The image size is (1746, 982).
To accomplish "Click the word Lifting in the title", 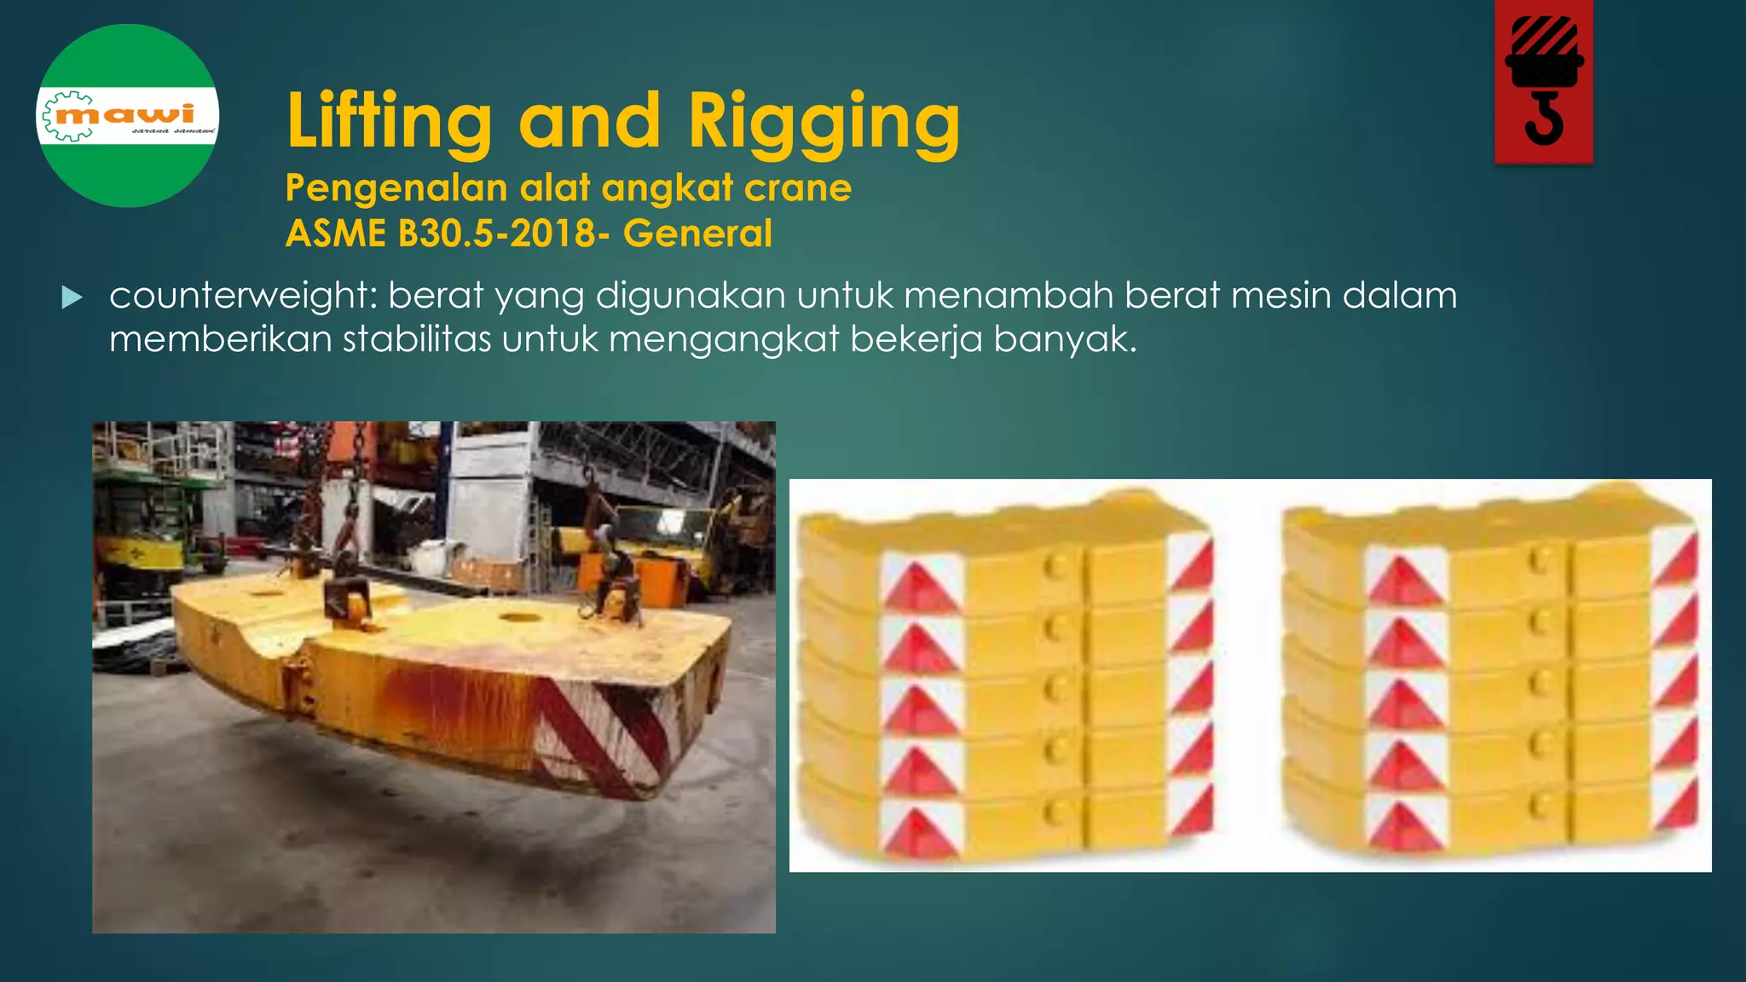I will pyautogui.click(x=389, y=122).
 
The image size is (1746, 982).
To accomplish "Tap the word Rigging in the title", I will pyautogui.click(x=824, y=122).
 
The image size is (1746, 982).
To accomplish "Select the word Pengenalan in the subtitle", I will pyautogui.click(x=396, y=188).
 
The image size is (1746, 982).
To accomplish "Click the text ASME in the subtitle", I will pyautogui.click(x=335, y=234).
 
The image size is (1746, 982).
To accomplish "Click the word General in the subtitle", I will pyautogui.click(x=697, y=234).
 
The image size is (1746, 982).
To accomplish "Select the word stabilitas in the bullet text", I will pyautogui.click(x=417, y=339).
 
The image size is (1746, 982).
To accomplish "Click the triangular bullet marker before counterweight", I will pyautogui.click(x=72, y=297).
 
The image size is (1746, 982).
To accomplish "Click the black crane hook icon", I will pyautogui.click(x=1544, y=81).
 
